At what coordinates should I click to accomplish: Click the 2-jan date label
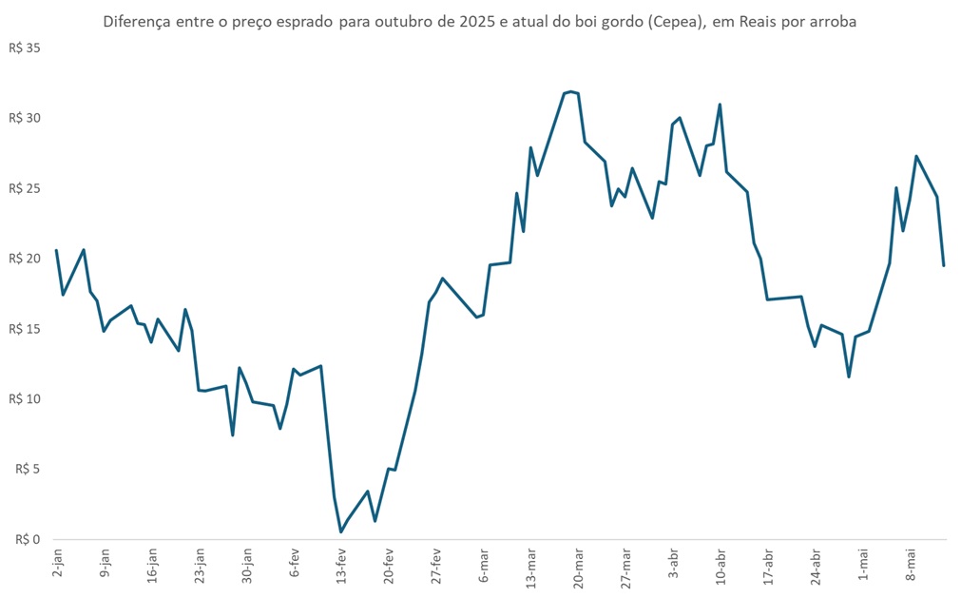[58, 563]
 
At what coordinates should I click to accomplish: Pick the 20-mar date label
[578, 566]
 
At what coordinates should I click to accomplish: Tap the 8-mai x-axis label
[911, 564]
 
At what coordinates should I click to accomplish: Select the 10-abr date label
[721, 566]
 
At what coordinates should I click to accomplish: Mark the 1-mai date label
[863, 564]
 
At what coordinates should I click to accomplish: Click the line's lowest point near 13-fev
[340, 531]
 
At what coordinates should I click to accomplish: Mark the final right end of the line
[944, 265]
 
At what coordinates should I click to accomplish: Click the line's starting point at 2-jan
[57, 250]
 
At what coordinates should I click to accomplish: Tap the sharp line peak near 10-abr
[720, 105]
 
